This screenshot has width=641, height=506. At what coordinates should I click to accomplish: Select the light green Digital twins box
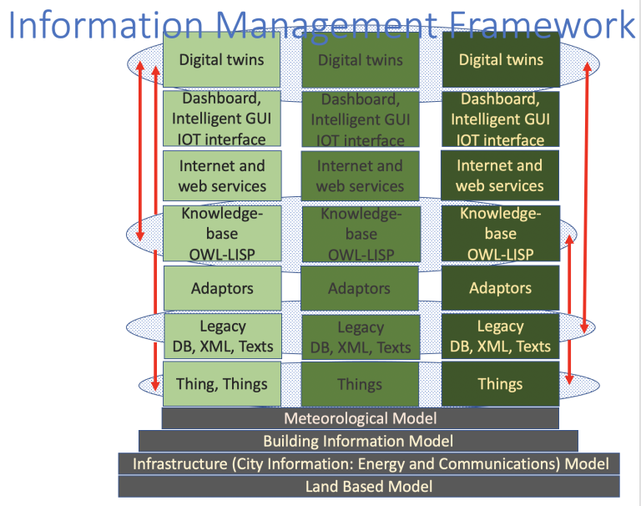tap(221, 60)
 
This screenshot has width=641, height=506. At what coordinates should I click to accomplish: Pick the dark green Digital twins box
tap(501, 60)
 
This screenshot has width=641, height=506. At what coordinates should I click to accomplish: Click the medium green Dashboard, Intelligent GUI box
tap(361, 119)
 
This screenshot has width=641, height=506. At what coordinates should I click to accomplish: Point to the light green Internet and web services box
tap(221, 176)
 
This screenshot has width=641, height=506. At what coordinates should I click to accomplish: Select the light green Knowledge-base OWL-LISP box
tap(221, 233)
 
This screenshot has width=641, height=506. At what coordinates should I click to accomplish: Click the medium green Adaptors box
tap(361, 289)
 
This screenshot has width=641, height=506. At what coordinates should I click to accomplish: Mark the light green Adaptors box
tap(221, 289)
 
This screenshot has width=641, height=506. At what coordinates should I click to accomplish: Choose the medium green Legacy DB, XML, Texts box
tap(361, 336)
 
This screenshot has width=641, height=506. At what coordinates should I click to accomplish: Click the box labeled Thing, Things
tap(221, 384)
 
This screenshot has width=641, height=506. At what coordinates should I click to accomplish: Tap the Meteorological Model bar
tap(360, 418)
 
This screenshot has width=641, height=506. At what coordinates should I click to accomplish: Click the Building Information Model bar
tap(358, 441)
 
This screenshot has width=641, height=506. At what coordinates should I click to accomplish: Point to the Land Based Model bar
tap(368, 486)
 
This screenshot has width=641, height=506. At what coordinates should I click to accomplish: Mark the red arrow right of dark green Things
tap(569, 309)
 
